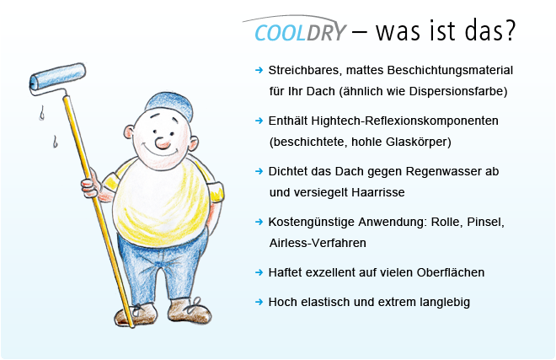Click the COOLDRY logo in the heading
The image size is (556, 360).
point(300,31)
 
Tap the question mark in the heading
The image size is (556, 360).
point(509,30)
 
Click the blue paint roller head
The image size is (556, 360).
point(57,77)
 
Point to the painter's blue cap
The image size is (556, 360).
point(170,105)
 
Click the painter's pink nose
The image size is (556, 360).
point(163,142)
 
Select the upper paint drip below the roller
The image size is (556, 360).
point(42,113)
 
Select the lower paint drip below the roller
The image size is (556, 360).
point(55,142)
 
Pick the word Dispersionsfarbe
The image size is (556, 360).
point(458,91)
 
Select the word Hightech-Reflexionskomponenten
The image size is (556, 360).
point(404,121)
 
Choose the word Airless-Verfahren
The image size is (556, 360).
point(318,243)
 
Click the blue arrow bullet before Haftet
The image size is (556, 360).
point(259,272)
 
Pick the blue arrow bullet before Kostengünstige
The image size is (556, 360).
point(259,222)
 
